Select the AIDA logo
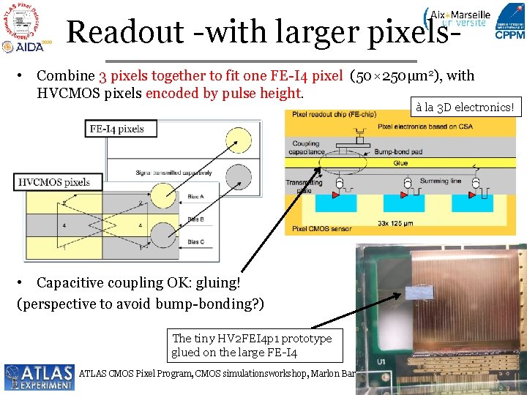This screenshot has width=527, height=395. (x=21, y=46)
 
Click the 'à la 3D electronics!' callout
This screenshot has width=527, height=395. (x=465, y=108)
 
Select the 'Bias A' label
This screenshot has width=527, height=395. (x=195, y=197)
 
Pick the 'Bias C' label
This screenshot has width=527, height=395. (x=195, y=241)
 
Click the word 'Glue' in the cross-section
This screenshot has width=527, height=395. (x=400, y=162)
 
